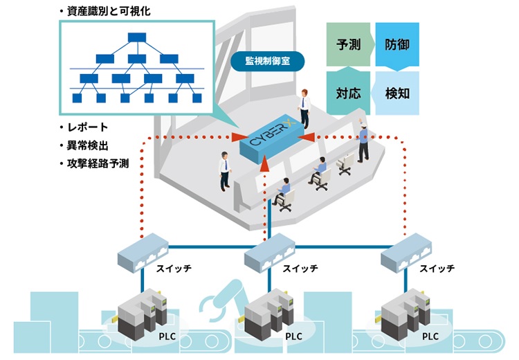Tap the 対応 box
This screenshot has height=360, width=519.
pyautogui.click(x=349, y=92)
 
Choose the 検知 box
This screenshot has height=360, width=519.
pyautogui.click(x=397, y=92)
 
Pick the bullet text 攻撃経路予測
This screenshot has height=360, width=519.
pyautogui.click(x=98, y=164)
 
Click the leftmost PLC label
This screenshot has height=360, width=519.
pyautogui.click(x=166, y=336)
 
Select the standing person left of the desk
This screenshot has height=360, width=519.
pyautogui.click(x=224, y=170)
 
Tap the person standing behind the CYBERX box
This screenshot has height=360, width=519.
pyautogui.click(x=304, y=107)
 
